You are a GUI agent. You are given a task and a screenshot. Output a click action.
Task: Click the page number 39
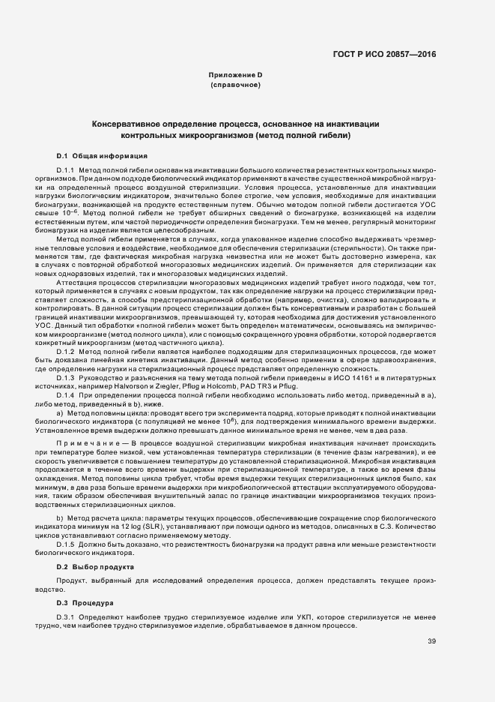(x=431, y=641)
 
